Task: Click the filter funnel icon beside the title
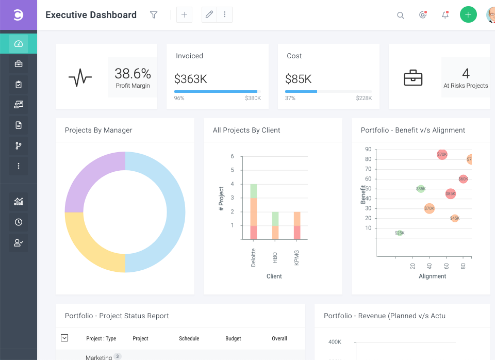[154, 15]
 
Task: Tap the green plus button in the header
[468, 15]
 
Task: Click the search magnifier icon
[400, 15]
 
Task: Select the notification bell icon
[445, 15]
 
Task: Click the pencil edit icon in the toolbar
[209, 15]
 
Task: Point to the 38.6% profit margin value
[133, 73]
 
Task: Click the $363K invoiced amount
[190, 79]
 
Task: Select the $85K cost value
[299, 79]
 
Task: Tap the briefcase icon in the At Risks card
[412, 78]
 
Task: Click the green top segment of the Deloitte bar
[253, 191]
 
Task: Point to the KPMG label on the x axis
[297, 257]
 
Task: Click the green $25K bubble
[400, 233]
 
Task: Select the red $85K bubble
[450, 194]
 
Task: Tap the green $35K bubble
[421, 189]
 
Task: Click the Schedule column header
[189, 339]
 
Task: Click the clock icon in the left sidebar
[19, 222]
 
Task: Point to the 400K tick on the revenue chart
[335, 342]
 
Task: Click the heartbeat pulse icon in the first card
[80, 78]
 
